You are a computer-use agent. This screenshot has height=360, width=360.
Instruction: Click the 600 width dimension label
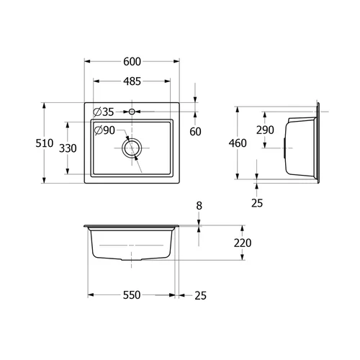132,62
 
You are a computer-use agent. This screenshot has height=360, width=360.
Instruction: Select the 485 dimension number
132,81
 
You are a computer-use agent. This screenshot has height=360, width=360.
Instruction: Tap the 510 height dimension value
45,143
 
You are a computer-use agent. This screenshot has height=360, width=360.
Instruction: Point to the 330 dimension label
68,148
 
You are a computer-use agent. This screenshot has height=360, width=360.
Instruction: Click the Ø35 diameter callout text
104,112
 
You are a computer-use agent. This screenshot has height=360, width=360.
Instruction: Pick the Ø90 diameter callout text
104,130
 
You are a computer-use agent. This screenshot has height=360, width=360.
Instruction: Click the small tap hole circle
132,112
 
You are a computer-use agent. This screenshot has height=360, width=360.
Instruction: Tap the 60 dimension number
195,132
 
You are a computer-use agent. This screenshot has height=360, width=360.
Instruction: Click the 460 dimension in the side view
238,143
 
